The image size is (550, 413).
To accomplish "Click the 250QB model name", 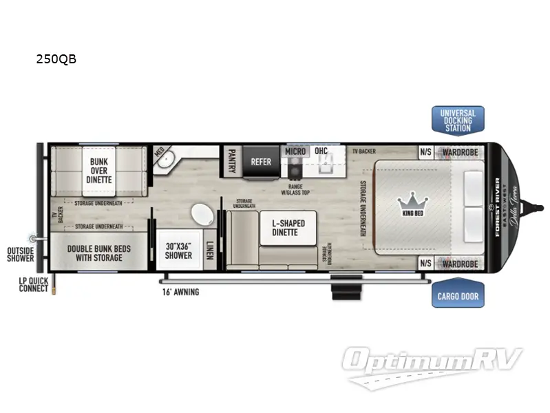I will coord(56,59).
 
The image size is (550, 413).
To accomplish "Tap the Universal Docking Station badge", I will coord(458,120).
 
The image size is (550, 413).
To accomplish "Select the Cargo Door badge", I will coord(458,297).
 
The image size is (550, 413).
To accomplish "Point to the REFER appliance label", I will coord(261,162).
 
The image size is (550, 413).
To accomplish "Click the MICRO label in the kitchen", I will coord(295,151).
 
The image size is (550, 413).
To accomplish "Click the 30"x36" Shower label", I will coord(178,251).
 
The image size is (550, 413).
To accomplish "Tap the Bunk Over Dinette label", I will coord(100,171).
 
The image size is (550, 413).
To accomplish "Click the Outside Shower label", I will coord(21,255).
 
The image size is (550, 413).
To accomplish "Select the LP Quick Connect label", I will coord(34,284).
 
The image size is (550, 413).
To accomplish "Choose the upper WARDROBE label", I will coord(459,151).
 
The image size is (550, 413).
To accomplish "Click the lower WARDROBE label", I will coord(459,264).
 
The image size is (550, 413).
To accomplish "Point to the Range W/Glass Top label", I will coord(295,189).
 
